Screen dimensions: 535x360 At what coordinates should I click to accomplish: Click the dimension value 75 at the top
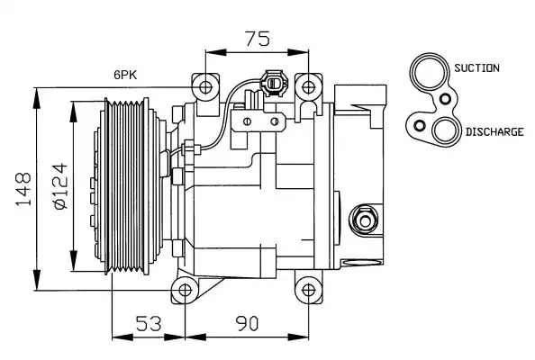258,39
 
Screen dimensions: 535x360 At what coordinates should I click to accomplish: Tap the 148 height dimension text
23,189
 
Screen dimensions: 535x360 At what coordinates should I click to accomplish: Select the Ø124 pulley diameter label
61,185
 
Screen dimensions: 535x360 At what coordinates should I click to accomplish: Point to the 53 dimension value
149,323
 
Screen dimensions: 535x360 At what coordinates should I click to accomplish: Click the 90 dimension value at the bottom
247,323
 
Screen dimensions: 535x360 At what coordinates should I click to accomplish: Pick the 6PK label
125,75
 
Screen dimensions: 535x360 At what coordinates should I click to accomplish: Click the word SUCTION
476,67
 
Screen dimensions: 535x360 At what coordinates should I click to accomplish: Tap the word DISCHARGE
494,132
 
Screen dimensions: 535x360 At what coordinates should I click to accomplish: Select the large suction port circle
430,72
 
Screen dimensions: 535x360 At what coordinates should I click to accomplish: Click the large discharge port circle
445,130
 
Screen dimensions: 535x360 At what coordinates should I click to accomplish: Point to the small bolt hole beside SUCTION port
445,99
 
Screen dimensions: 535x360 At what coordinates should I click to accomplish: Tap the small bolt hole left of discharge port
420,126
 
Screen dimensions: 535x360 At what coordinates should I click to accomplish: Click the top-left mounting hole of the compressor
205,87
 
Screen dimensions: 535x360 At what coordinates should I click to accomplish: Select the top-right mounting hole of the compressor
308,87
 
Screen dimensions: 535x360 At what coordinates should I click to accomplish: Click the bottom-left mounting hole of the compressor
185,291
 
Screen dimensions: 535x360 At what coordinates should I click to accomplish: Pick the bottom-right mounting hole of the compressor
308,291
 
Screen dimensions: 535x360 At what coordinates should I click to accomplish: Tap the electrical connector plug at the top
274,83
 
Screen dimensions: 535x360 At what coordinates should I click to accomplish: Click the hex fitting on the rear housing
365,221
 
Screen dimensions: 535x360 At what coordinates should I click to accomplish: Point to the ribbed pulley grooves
126,186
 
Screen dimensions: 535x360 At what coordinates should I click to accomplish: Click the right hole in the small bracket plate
275,121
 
